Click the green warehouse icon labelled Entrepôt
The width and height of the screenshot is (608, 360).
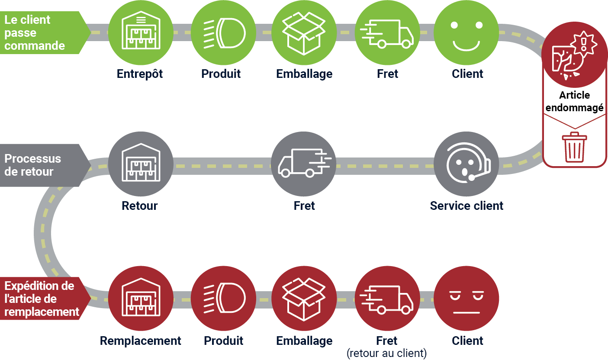tap(140, 33)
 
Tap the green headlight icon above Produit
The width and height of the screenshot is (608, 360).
tap(223, 33)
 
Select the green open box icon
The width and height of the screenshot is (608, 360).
tap(304, 33)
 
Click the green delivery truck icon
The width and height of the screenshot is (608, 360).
tap(387, 33)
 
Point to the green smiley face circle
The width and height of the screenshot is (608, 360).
tap(466, 33)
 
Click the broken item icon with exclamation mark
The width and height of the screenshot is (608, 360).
tap(574, 56)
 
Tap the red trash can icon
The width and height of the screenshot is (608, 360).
tap(574, 147)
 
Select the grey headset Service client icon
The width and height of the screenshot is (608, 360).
tap(466, 164)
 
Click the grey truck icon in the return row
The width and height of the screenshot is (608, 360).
tap(304, 164)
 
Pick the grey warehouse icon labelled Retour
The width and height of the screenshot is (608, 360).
tap(140, 164)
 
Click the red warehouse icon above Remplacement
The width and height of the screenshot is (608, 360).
tap(140, 299)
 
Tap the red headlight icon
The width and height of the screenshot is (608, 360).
tap(223, 299)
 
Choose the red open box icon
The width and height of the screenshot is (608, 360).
tap(304, 299)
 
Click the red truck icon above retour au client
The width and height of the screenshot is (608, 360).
tap(387, 299)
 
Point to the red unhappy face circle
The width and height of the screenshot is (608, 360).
tap(466, 299)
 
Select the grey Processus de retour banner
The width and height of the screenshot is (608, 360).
tap(39, 165)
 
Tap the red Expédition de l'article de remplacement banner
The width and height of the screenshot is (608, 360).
tap(42, 299)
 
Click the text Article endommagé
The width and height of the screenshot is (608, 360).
tap(574, 101)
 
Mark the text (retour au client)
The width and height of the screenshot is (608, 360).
tap(386, 354)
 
